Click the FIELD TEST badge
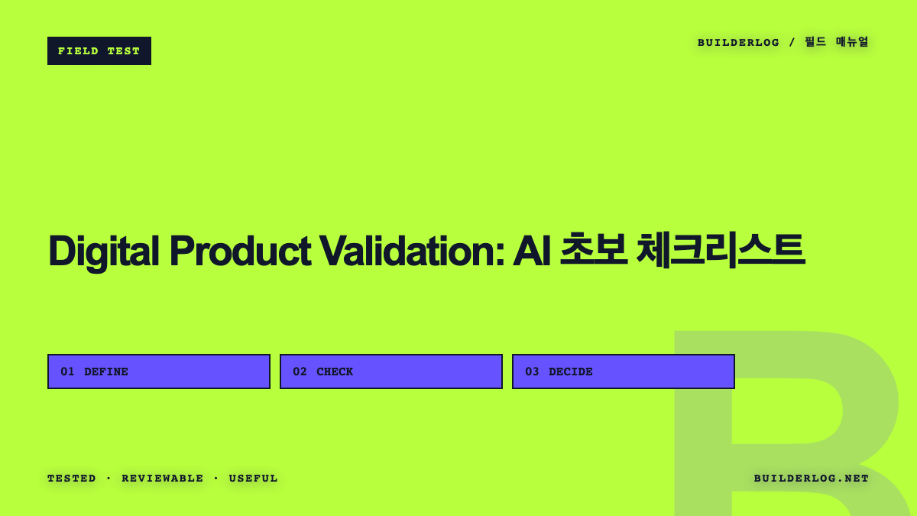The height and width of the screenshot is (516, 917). click(x=99, y=50)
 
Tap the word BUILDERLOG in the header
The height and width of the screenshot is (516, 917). click(x=738, y=43)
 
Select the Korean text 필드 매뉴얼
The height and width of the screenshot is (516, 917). click(x=836, y=42)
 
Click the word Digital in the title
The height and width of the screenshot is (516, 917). click(x=104, y=252)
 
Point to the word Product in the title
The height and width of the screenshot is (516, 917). click(x=240, y=251)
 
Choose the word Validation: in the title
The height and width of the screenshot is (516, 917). click(x=412, y=251)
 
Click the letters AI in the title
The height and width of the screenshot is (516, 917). click(x=531, y=251)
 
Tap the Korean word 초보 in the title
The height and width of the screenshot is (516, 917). click(x=594, y=249)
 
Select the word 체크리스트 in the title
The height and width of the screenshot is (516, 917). click(x=721, y=250)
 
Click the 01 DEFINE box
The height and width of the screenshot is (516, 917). click(x=159, y=372)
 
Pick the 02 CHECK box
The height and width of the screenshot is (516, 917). click(x=391, y=372)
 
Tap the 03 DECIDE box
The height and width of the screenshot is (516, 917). click(x=624, y=372)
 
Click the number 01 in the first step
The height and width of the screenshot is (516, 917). click(x=67, y=372)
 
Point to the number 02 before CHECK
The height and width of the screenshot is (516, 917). click(x=300, y=372)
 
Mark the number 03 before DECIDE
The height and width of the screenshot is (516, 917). click(x=532, y=372)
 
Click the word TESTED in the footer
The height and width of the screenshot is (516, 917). click(x=72, y=479)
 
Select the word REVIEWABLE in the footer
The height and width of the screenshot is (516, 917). click(x=163, y=479)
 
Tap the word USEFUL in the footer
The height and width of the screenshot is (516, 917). click(x=254, y=479)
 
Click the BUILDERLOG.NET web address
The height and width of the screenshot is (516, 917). click(x=812, y=479)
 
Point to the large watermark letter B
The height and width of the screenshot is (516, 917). click(x=702, y=430)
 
